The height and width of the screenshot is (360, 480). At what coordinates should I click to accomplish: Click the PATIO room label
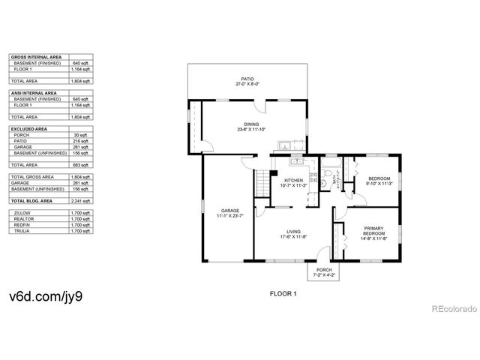247,78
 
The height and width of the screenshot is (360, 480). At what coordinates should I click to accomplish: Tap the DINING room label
250,124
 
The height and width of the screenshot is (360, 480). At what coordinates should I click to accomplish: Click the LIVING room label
293,232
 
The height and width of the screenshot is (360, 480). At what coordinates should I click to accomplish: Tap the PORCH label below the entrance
324,270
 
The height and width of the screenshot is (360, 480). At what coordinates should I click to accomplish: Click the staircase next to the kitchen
262,182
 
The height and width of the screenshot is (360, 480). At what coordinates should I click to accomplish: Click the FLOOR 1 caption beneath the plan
283,293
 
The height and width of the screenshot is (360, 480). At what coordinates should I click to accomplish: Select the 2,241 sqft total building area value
82,202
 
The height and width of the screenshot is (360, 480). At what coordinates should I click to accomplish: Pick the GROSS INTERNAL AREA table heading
37,57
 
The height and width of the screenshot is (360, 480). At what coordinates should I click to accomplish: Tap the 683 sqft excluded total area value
82,164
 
